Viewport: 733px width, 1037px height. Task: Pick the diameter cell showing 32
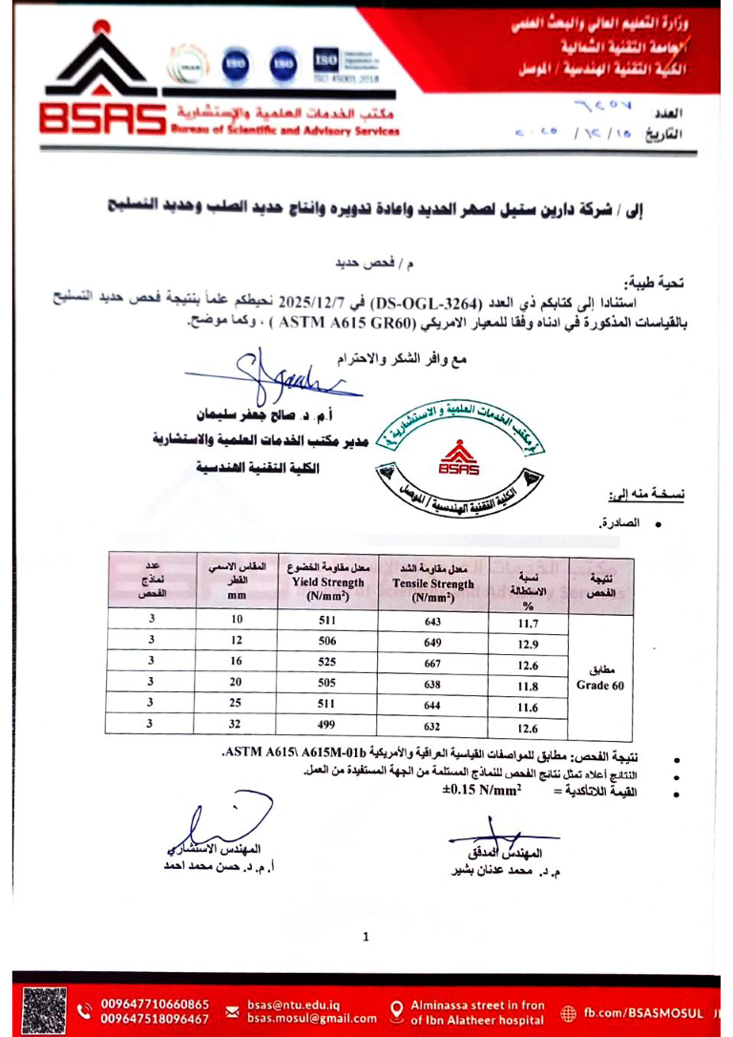236,723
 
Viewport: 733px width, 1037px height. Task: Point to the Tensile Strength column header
432,583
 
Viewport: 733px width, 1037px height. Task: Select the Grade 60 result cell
598,676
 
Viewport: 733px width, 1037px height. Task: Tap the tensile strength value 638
432,685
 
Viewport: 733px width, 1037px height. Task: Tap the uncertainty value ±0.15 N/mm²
482,792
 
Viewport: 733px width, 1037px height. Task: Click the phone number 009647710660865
156,1005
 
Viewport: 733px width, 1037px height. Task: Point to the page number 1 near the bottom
366,937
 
